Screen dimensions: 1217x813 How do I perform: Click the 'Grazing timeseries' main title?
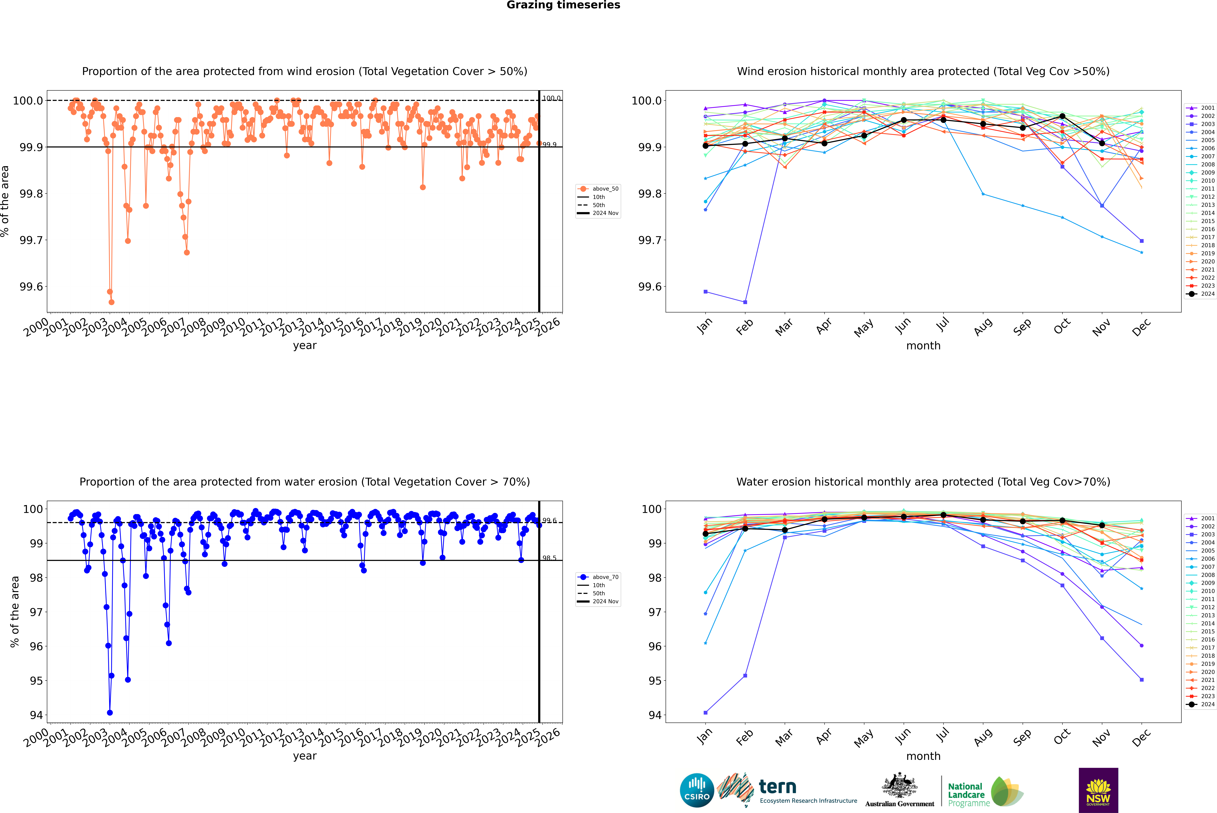click(x=563, y=5)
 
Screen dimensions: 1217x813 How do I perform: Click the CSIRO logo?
click(x=697, y=790)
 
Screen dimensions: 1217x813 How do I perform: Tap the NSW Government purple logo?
click(x=1098, y=790)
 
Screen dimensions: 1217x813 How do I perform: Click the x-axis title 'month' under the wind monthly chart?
click(x=923, y=346)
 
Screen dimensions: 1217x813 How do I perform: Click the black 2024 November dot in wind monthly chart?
click(x=1102, y=143)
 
